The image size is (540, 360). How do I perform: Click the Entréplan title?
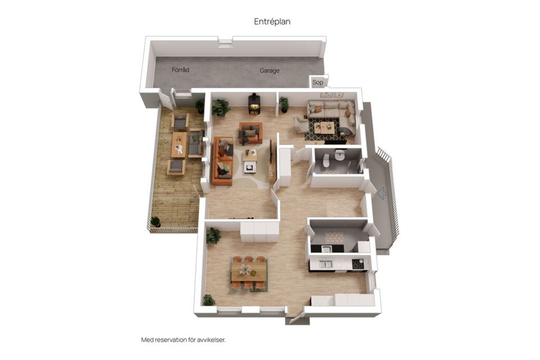[x=272, y=22]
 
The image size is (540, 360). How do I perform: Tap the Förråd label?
[x=181, y=70]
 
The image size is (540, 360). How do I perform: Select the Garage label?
[x=269, y=70]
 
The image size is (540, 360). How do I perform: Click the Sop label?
[x=317, y=82]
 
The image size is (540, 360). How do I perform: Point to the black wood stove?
[x=254, y=103]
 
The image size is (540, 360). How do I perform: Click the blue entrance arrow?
[x=382, y=193]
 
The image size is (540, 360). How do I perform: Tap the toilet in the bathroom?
[x=326, y=160]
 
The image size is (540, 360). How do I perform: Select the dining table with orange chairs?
[x=249, y=272]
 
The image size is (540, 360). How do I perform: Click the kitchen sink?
[x=326, y=264]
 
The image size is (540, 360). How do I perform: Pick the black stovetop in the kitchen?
[x=358, y=264]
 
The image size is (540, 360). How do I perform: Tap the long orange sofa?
[x=223, y=161]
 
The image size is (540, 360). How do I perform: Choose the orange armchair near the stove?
[x=250, y=133]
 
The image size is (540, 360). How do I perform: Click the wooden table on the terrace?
[x=179, y=145]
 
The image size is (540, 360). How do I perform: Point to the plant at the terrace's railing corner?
[x=155, y=222]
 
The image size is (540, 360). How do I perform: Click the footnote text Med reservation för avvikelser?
[x=183, y=340]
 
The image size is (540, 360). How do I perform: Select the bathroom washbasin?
[x=340, y=155]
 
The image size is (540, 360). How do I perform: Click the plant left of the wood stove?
[x=220, y=108]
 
